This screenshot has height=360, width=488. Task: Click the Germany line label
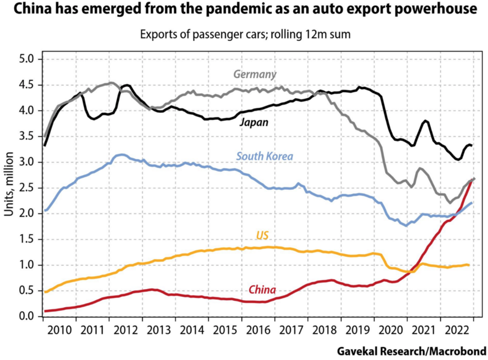point(255,75)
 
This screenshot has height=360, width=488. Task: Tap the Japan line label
point(253,122)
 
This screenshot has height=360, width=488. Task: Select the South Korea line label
point(264,156)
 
